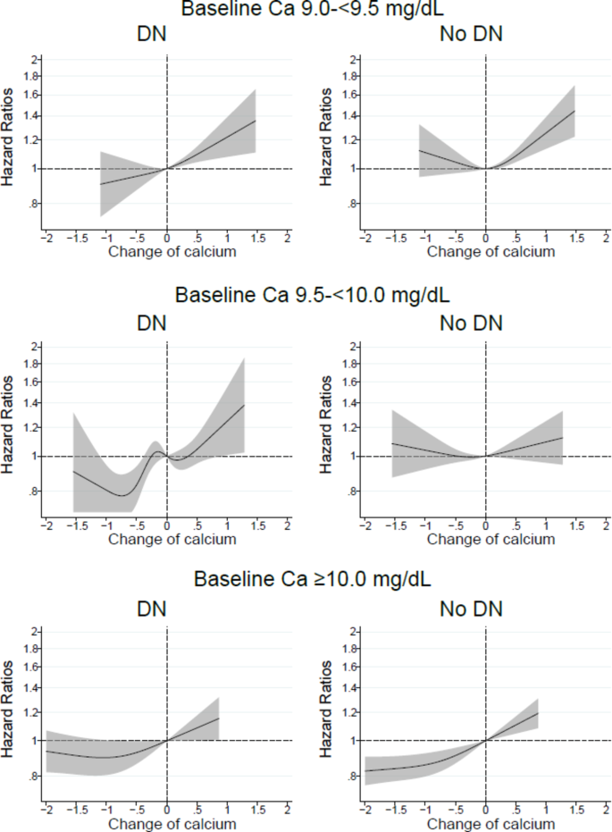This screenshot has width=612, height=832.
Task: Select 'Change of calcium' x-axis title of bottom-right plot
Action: [x=490, y=823]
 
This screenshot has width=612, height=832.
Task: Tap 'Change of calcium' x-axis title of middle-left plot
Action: [x=172, y=539]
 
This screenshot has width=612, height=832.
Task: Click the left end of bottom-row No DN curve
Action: [x=365, y=770]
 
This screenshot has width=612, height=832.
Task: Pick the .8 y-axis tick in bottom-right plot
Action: [x=351, y=777]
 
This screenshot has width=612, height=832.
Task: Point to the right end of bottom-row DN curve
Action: [x=219, y=719]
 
